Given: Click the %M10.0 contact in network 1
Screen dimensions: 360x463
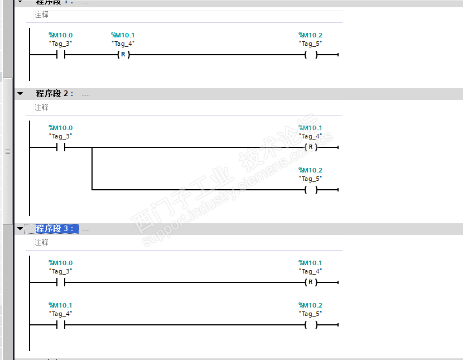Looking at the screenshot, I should click(61, 55).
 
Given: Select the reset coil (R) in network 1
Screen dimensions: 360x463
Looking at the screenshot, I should click(123, 55).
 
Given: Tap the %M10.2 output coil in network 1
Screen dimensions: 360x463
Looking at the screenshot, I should click(311, 55).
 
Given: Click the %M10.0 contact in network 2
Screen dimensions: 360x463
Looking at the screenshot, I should click(61, 147).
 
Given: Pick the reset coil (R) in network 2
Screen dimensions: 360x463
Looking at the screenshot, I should click(311, 147).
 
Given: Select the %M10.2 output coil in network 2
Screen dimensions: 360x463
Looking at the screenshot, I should click(311, 190).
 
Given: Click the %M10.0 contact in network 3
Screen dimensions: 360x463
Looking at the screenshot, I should click(61, 282).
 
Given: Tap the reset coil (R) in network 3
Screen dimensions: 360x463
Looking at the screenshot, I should click(311, 282).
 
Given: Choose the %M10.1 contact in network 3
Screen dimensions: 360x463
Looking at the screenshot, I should click(61, 325).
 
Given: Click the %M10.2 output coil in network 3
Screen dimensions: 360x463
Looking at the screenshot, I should click(311, 325).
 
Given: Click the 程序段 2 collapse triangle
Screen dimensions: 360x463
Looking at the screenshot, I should click(20, 94).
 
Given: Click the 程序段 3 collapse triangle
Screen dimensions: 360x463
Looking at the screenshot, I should click(20, 229).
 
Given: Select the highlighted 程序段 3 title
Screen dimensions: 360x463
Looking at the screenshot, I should click(55, 229).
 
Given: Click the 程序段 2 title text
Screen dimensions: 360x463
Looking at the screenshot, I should click(54, 94).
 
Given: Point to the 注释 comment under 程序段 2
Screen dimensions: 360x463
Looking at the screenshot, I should click(42, 107).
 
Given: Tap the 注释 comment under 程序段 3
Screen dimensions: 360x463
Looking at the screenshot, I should click(42, 242).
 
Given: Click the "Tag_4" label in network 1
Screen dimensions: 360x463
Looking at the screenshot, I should click(123, 43).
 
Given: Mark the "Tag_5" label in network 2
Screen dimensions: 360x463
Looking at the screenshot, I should click(311, 178).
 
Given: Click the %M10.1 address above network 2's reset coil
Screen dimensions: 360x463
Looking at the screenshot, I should click(311, 128).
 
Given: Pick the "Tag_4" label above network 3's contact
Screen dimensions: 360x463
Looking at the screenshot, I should click(61, 313).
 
